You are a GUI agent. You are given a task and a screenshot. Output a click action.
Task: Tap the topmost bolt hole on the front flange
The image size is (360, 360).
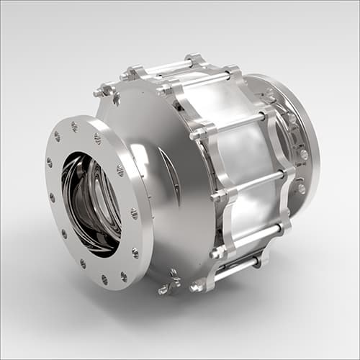click(74, 126)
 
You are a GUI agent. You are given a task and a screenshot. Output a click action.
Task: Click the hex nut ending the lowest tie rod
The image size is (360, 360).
click(196, 287)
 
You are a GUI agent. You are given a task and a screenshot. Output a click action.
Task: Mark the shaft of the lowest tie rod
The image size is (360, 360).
click(238, 268)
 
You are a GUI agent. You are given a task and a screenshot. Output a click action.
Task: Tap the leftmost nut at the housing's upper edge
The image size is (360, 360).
click(101, 91)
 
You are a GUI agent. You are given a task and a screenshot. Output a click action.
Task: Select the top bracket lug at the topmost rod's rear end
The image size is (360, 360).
click(194, 58)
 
